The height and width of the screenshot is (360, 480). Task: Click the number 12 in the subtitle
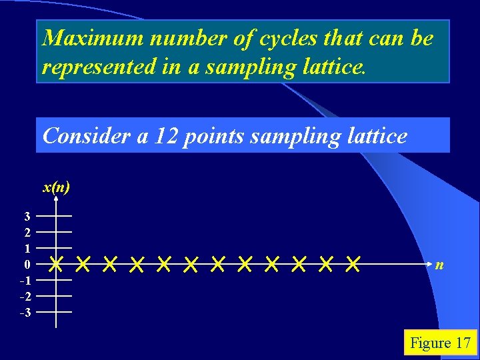point(169,136)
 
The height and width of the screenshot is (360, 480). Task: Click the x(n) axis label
point(56,187)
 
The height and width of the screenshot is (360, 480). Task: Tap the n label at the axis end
point(439,265)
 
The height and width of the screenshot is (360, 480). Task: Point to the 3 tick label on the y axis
point(27,216)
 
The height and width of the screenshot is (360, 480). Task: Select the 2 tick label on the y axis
point(27,232)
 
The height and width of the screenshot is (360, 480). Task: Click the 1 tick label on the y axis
point(27,248)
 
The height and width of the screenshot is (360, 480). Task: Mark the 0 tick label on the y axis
point(27,265)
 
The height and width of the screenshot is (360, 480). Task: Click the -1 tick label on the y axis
point(25,280)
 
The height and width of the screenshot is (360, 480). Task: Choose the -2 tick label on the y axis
point(25,296)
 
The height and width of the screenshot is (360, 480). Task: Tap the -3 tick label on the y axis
point(25,312)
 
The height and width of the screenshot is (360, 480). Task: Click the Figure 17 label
point(440,343)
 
